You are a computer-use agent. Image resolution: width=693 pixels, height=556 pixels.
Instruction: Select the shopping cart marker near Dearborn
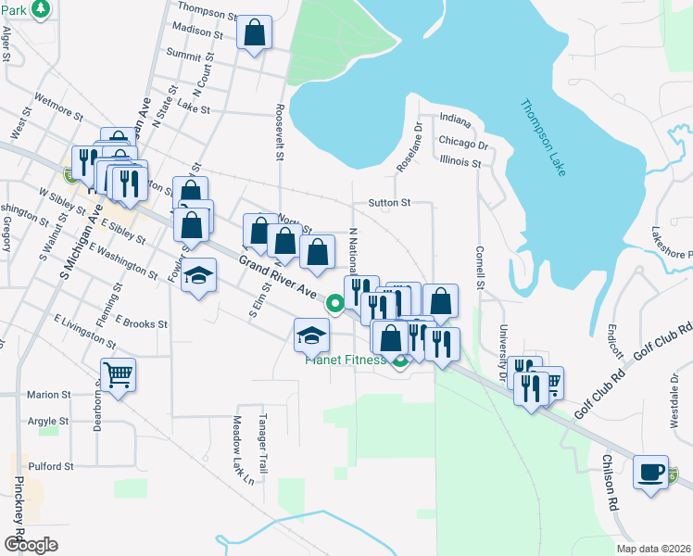point(118,375)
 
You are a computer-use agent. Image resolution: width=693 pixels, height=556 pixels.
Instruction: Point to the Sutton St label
point(389,201)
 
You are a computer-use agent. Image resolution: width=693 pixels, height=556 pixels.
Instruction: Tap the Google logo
point(31,545)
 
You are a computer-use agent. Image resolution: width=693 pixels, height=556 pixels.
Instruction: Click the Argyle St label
point(48,421)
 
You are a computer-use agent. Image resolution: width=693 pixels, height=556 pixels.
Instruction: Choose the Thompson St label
point(208,13)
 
